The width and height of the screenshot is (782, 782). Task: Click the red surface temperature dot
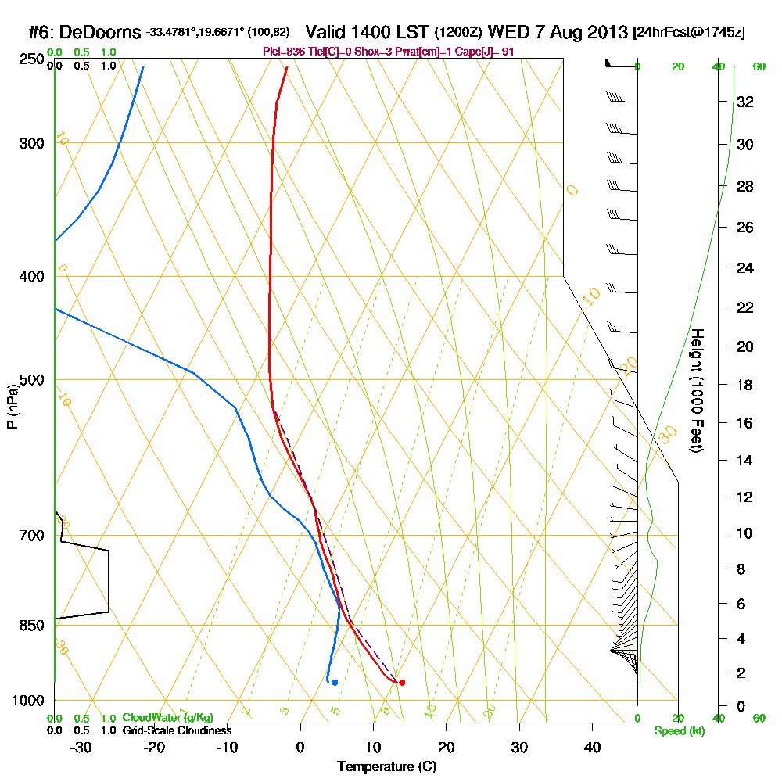(402, 683)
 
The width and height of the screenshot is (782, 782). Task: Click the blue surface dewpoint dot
(335, 683)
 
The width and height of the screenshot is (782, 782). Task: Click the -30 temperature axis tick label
(81, 747)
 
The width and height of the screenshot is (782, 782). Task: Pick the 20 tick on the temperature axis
(447, 747)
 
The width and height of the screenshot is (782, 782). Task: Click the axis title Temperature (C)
(386, 767)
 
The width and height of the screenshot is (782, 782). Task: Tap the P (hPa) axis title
(12, 406)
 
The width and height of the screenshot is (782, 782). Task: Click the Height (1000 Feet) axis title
(697, 390)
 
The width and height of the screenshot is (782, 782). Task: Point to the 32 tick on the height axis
(744, 101)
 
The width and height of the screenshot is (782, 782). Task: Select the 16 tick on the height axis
(744, 423)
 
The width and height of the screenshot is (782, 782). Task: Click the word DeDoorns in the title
(100, 33)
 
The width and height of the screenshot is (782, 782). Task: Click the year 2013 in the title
(604, 33)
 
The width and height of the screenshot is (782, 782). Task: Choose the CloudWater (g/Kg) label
(167, 718)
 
